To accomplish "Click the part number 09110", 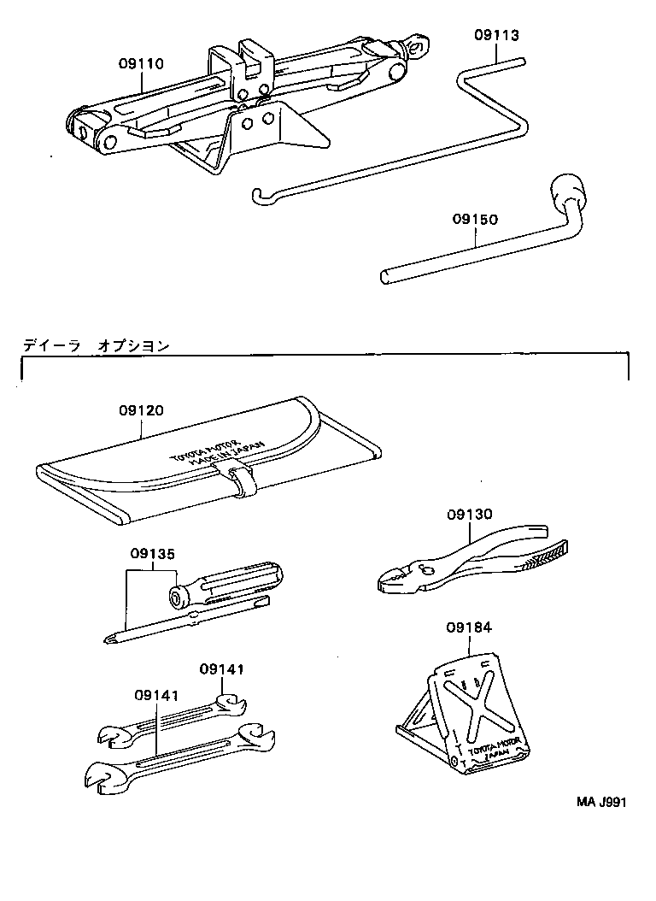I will (x=141, y=64).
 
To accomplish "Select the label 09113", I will (x=496, y=35).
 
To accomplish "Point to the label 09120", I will (x=141, y=410).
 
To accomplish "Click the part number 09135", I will (x=153, y=554).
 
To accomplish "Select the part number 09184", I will (x=468, y=628).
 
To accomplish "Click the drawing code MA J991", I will (x=600, y=803).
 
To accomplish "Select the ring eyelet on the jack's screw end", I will (x=418, y=44).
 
